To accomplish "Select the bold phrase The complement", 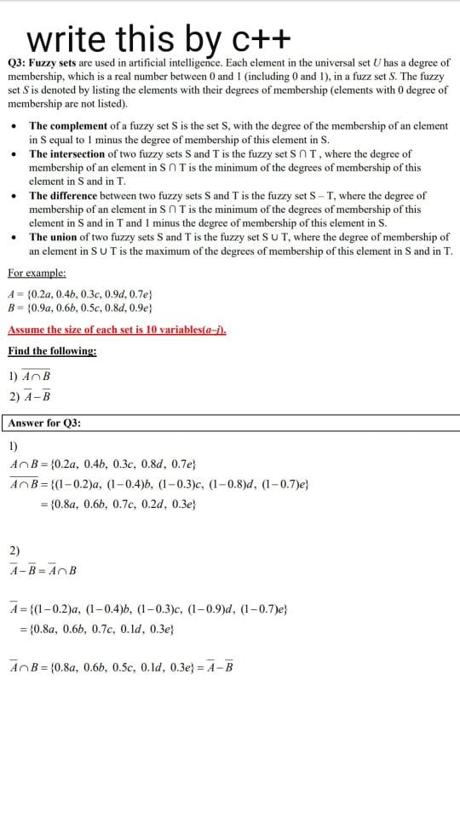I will (68, 126).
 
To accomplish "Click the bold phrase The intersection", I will (71, 154).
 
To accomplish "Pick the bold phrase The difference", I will (67, 195).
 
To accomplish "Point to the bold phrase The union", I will (56, 237).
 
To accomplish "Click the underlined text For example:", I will (37, 273).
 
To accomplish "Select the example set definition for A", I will (80, 294).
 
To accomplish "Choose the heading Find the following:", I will (52, 351).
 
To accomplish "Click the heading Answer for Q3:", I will (44, 423).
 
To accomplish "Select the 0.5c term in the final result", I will (126, 667).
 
